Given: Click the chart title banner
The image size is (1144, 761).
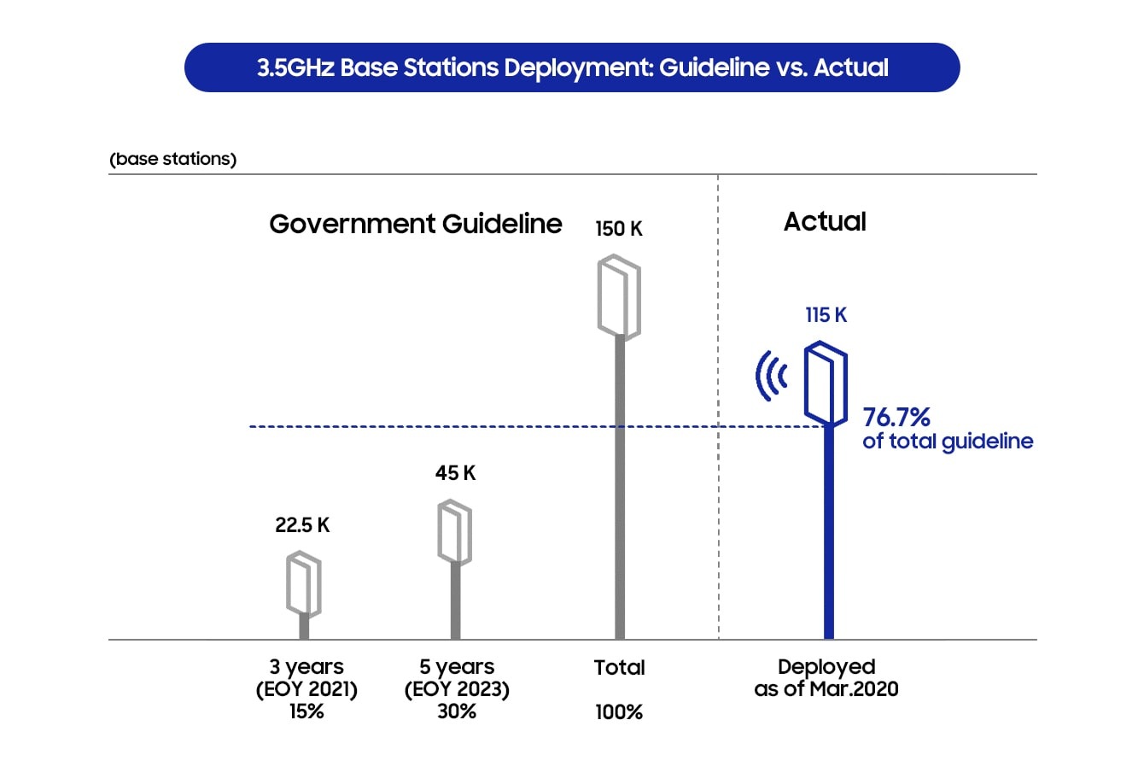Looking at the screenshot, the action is click(572, 67).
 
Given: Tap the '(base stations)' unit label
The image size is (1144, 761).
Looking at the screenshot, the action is click(173, 159).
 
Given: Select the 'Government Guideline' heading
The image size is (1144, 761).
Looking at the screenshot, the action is click(416, 224).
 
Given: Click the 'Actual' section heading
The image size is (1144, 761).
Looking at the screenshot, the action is click(825, 221).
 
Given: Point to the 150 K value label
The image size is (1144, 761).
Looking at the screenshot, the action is click(618, 228).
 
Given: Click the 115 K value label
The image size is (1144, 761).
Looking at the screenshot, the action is click(826, 315).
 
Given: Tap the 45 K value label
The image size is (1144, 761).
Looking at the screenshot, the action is click(456, 473).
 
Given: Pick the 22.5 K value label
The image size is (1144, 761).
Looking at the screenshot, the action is click(302, 525).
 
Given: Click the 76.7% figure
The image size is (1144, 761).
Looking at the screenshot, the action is click(896, 417).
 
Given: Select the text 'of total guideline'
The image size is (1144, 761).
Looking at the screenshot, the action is click(948, 442).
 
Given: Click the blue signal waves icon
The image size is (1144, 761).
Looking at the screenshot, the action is click(770, 376).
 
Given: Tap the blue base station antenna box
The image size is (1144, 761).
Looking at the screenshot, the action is click(826, 383).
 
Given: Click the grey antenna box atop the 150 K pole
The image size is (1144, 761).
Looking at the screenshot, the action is click(619, 297).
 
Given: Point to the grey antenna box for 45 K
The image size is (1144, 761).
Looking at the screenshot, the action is click(454, 532).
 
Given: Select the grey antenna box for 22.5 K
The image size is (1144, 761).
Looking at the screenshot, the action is click(304, 584).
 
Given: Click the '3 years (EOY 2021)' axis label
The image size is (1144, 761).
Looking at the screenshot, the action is click(306, 677).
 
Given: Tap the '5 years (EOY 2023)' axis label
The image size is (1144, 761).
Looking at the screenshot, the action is click(457, 677).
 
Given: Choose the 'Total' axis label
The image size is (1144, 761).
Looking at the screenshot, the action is click(619, 667).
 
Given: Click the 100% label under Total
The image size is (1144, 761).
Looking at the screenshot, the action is click(619, 712).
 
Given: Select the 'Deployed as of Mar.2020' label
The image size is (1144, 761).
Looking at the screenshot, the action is click(826, 677).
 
